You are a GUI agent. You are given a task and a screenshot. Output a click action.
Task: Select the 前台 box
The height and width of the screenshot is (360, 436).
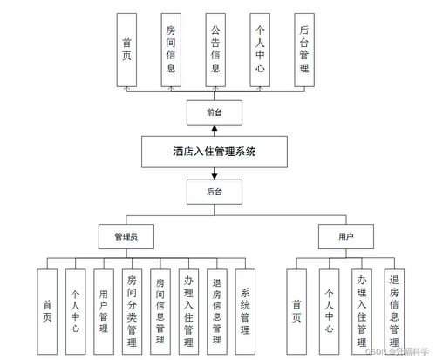point(214,113)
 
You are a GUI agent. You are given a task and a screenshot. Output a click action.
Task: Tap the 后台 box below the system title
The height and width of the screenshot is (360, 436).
point(214,190)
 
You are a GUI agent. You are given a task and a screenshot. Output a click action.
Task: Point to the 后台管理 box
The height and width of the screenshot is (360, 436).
point(302,51)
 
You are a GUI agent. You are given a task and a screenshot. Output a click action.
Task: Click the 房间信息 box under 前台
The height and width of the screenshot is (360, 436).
point(171,51)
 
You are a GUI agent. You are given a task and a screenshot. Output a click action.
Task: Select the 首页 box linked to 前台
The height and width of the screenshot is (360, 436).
point(127,51)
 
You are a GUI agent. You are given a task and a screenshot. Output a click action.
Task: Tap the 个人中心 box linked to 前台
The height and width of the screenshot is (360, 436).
point(258,51)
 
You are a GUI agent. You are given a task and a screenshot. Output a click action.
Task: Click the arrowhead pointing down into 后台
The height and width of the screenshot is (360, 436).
point(214,174)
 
